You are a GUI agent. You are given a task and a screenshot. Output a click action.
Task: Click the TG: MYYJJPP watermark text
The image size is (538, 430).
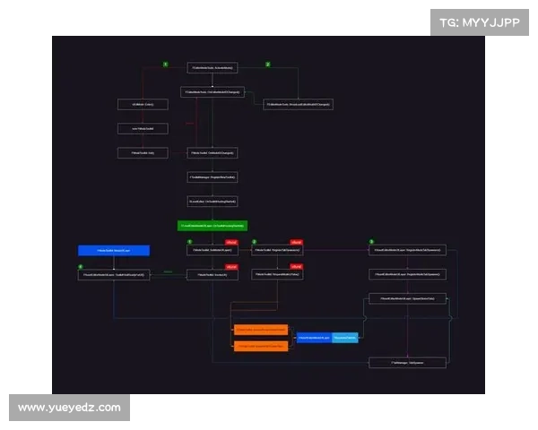[480, 23]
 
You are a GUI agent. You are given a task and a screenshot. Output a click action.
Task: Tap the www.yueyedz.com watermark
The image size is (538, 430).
[69, 408]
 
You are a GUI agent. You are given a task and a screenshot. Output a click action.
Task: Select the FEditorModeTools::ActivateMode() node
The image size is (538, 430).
[213, 68]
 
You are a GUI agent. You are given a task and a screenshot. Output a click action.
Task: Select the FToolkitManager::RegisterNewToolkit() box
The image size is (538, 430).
[213, 177]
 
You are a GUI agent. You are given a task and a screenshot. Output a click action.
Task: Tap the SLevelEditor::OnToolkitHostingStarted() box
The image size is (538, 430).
[213, 202]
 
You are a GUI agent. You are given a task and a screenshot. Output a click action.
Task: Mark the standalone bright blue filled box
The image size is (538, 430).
[113, 250]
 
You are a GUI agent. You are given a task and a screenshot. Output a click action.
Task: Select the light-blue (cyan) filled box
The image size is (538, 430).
[345, 338]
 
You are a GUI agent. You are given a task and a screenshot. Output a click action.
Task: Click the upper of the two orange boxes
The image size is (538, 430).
[261, 331]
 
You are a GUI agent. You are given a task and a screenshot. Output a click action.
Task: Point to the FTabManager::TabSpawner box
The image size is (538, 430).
[407, 363]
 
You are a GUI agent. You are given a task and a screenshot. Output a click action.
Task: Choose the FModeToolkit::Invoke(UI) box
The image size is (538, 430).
[213, 275]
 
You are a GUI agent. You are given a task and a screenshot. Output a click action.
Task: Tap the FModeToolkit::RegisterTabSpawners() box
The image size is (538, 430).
[277, 250]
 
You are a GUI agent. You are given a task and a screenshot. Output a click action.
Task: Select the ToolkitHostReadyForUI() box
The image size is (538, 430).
[113, 275]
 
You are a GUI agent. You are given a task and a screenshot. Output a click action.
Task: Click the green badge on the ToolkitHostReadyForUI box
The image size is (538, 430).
[81, 267]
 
